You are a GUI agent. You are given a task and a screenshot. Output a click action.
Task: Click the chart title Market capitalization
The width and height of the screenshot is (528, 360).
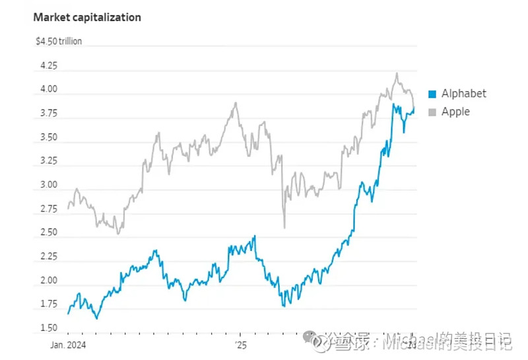tap(87, 18)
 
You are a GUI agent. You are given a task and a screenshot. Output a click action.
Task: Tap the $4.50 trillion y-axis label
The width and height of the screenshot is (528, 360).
tap(59, 42)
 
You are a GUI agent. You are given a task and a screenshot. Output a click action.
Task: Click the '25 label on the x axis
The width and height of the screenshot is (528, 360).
tap(240, 345)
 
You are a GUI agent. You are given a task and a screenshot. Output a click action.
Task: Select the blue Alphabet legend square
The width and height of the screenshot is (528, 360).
tap(432, 94)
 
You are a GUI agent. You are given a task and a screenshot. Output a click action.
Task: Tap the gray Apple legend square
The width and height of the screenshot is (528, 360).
tap(432, 112)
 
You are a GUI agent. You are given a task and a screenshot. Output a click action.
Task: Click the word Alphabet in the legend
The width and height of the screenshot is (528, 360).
tap(463, 94)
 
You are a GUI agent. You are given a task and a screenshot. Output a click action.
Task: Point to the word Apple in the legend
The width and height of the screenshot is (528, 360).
tap(455, 112)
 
